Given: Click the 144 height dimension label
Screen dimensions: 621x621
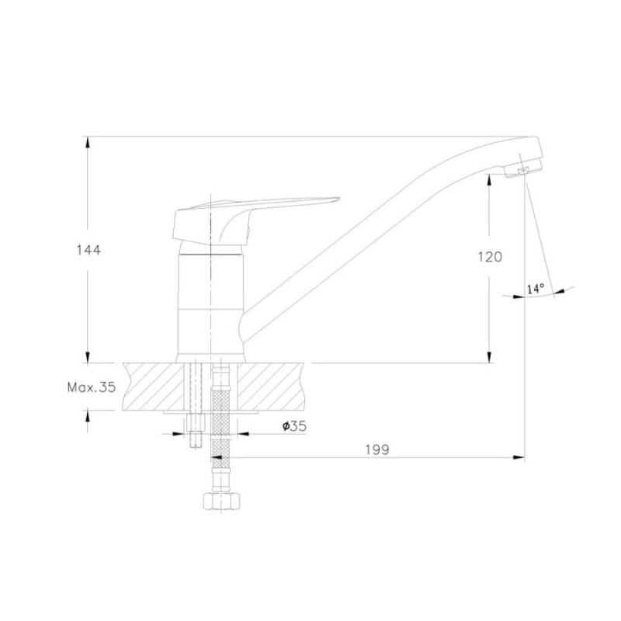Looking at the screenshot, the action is [x=88, y=250].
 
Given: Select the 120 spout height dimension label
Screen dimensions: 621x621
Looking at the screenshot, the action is [x=490, y=257].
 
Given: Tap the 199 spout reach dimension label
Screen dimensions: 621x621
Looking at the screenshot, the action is [x=377, y=449].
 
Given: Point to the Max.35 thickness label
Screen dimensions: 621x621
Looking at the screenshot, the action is [x=92, y=387].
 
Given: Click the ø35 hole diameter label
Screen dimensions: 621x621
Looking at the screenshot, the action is [x=294, y=426].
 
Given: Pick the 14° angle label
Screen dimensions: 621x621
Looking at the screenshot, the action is [x=536, y=288].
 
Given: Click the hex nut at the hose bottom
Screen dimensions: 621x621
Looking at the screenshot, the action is [x=221, y=501].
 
